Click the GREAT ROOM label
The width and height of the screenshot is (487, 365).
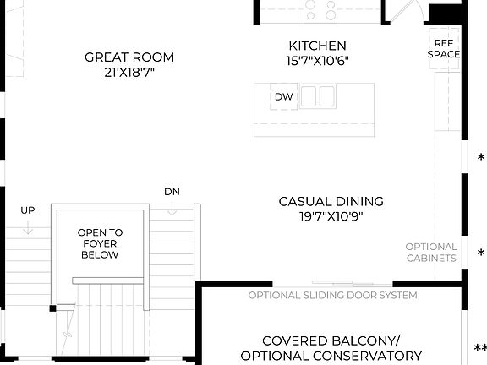[129, 57]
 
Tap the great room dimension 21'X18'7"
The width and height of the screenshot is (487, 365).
[129, 72]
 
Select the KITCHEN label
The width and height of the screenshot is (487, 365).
[317, 46]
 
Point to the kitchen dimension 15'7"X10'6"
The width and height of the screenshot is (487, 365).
[317, 60]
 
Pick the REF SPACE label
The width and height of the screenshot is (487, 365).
[444, 48]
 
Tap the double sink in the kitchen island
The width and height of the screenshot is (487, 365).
[316, 95]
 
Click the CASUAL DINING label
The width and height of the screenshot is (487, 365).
[331, 201]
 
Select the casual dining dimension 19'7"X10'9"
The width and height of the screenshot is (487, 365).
[331, 215]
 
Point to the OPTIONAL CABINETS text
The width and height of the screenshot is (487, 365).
[431, 252]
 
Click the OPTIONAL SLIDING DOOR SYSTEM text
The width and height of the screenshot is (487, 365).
[332, 295]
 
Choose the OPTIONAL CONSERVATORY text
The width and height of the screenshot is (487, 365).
[331, 356]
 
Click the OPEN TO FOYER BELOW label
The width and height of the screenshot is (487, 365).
[100, 243]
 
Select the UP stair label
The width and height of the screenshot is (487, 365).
[27, 210]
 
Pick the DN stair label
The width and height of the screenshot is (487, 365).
[172, 191]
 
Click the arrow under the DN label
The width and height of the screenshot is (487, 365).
[172, 208]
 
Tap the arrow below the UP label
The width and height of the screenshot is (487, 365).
[27, 226]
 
